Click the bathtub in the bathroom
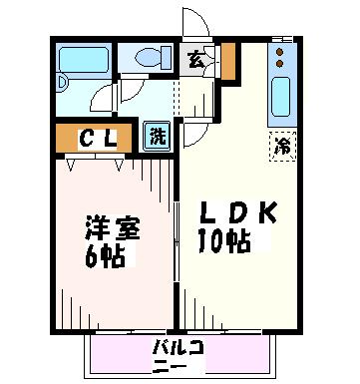point(84,60)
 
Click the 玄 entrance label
point(195,60)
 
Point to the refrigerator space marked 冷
point(282,147)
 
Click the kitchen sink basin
point(281,97)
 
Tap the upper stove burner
point(280,52)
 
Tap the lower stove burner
point(280,63)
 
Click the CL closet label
point(98,139)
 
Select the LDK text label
point(237,213)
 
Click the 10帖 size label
point(224,240)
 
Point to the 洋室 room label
point(113,227)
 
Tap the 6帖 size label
point(105,256)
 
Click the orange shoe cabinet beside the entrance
point(228,62)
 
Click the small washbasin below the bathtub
point(62,83)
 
